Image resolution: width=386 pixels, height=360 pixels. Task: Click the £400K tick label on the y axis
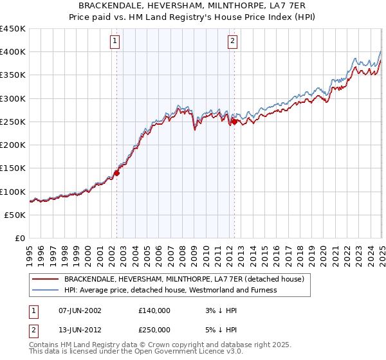tap(13, 52)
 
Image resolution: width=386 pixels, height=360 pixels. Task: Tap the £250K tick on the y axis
tap(13, 122)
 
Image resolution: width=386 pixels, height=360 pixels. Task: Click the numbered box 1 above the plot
tap(115, 42)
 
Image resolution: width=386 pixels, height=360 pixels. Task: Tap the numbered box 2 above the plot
tap(232, 42)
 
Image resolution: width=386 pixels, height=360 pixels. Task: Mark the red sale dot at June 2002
tap(117, 172)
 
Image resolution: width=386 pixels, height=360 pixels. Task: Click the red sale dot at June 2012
tap(234, 121)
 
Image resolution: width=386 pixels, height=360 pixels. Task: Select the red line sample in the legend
tap(46, 279)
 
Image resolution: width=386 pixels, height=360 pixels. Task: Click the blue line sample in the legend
tap(46, 290)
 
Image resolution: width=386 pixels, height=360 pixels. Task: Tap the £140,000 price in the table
tap(154, 310)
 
